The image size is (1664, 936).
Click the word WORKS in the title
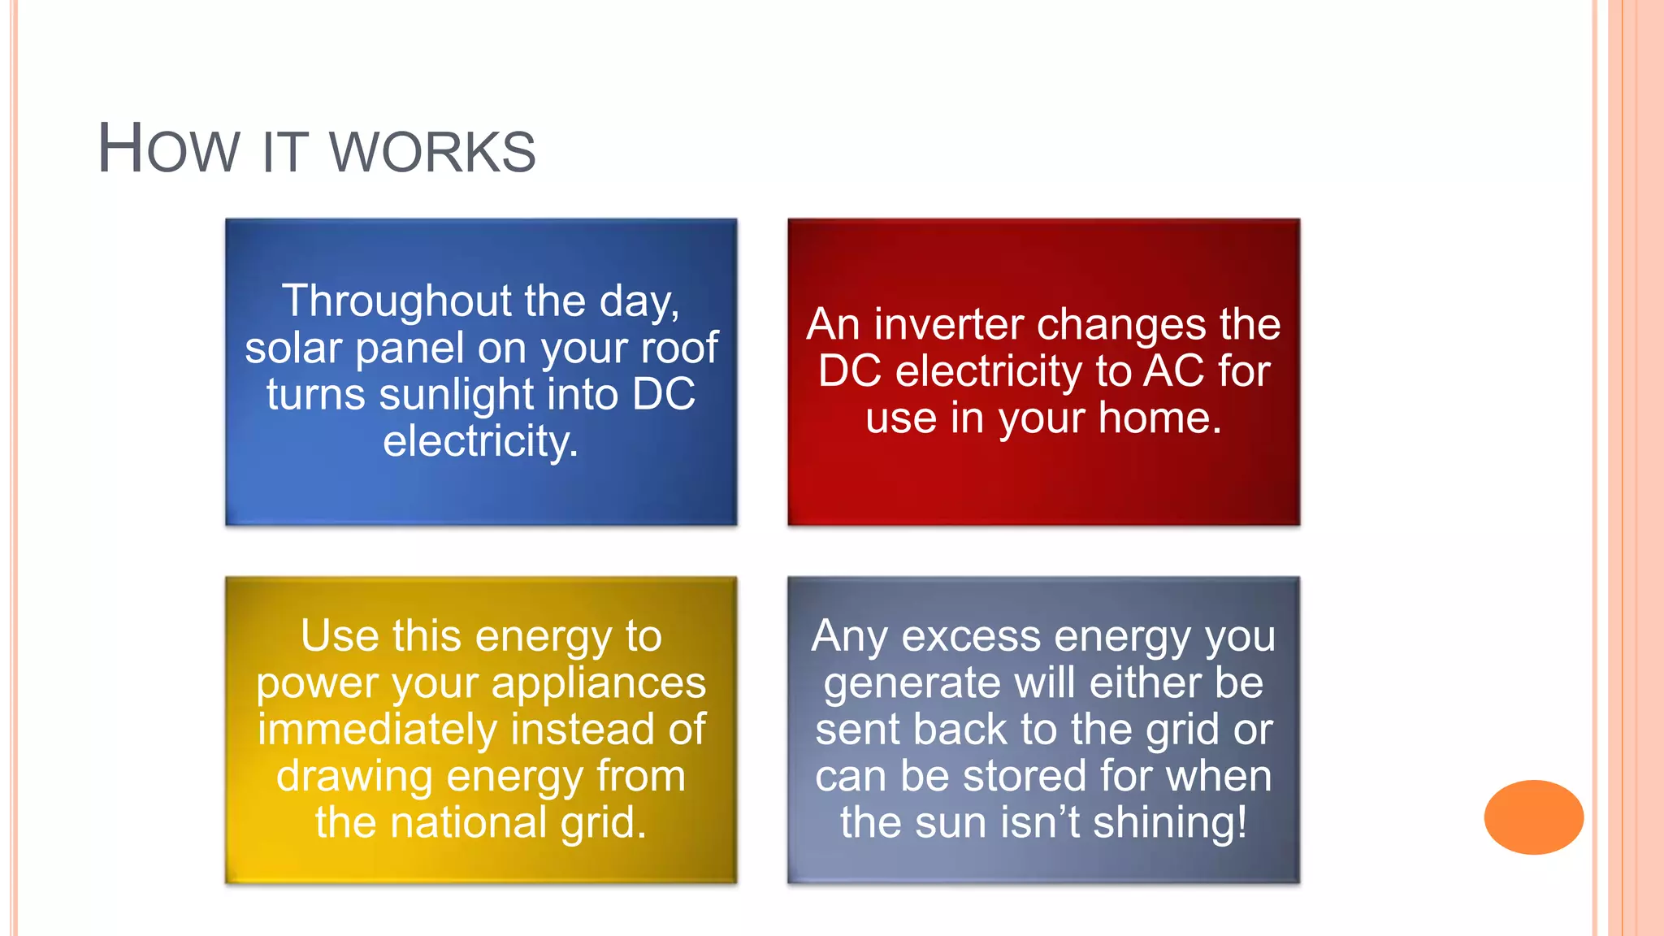(x=432, y=152)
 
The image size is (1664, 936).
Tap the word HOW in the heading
(x=168, y=149)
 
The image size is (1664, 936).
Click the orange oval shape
(x=1533, y=817)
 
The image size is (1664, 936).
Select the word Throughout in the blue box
(x=396, y=301)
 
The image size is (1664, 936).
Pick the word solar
(x=292, y=348)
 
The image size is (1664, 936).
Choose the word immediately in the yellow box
(x=376, y=730)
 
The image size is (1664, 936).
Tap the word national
(x=468, y=822)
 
